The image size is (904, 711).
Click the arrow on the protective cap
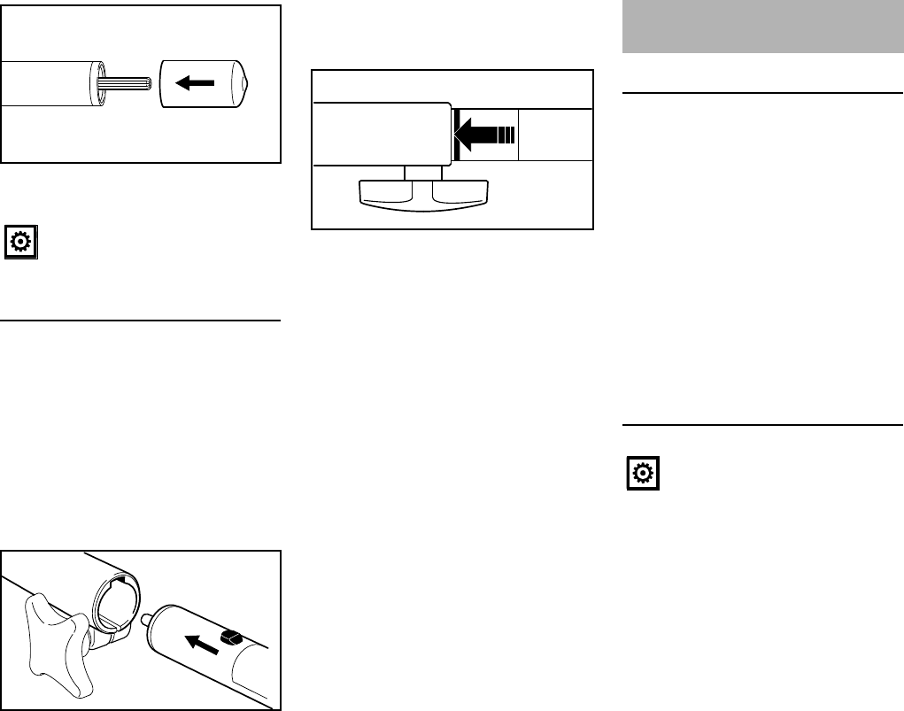click(195, 83)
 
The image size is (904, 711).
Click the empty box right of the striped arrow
click(554, 135)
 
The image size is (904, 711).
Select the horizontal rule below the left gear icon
click(142, 321)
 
